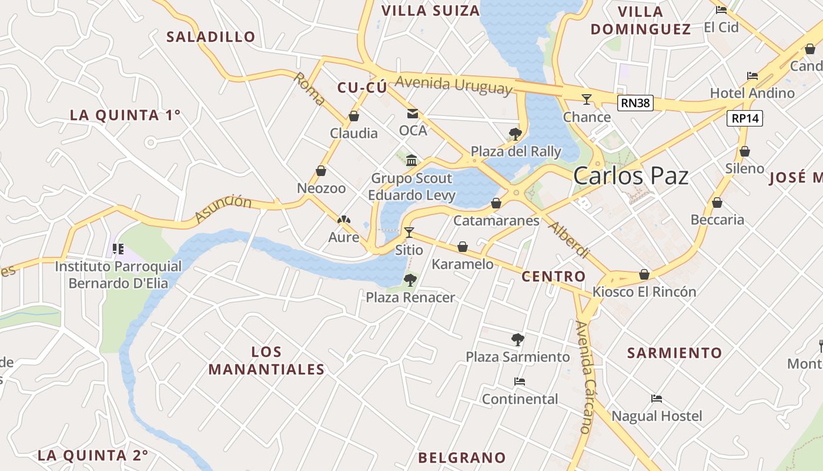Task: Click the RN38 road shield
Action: tap(636, 103)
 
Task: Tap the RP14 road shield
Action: tap(745, 118)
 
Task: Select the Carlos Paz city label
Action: tap(630, 175)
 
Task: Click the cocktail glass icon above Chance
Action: tap(586, 99)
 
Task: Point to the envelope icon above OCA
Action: tap(413, 114)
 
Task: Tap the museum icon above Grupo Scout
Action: tap(411, 160)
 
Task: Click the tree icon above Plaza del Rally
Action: tap(516, 134)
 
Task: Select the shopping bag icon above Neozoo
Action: tap(321, 171)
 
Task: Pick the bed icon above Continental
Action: tap(520, 382)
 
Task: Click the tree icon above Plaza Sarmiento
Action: tap(517, 339)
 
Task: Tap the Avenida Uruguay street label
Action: tap(454, 85)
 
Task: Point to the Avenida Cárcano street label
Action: tap(586, 377)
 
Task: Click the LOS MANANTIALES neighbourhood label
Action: tap(266, 360)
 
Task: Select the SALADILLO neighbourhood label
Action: tap(211, 37)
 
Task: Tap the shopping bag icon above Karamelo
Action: tap(463, 247)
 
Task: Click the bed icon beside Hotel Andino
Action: tap(752, 76)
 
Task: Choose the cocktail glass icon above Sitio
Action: tap(409, 233)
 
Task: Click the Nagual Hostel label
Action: tap(657, 416)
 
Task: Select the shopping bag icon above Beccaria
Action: tap(717, 203)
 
